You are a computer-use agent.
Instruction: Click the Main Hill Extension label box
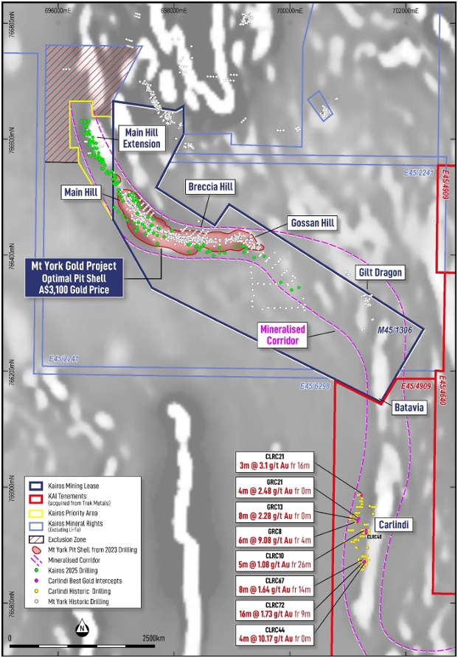pyautogui.click(x=141, y=138)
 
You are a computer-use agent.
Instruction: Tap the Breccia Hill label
pyautogui.click(x=209, y=187)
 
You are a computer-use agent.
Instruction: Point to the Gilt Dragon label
pyautogui.click(x=380, y=273)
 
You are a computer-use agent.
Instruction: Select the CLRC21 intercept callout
pyautogui.click(x=274, y=462)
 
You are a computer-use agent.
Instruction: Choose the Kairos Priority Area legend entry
pyautogui.click(x=74, y=514)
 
